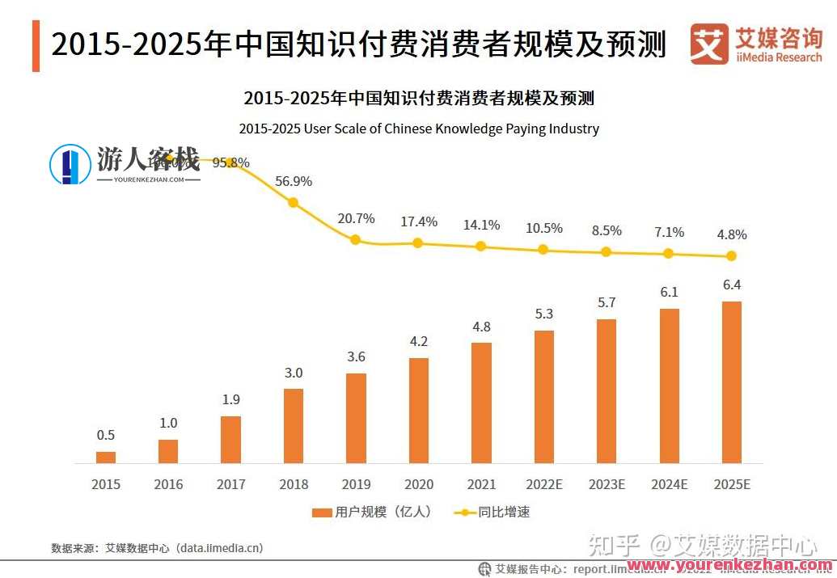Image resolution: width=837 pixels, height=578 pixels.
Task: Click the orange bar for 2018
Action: [294, 425]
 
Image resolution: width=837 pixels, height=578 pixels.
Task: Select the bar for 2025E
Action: [731, 382]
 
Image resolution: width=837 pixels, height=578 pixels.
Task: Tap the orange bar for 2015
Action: [106, 457]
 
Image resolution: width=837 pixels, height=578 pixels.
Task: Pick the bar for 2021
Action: [481, 402]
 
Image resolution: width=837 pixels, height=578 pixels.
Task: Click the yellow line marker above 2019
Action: [355, 239]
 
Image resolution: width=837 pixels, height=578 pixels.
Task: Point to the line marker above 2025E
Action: [731, 255]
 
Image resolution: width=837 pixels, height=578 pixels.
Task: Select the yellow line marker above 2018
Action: [294, 202]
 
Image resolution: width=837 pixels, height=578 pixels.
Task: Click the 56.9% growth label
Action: [293, 181]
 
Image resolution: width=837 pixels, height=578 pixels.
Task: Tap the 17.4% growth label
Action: [418, 221]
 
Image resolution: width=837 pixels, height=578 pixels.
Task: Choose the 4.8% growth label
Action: [731, 235]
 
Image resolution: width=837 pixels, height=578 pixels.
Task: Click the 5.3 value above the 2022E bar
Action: [544, 314]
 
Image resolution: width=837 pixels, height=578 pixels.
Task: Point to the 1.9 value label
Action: [230, 399]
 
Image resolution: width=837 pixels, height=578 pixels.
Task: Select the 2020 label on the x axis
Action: [418, 484]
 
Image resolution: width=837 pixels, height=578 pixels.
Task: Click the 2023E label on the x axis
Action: [607, 484]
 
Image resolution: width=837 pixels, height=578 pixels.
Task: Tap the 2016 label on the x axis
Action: [168, 484]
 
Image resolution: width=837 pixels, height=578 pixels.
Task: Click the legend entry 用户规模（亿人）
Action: [372, 512]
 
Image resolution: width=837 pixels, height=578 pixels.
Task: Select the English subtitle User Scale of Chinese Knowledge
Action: [419, 129]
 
